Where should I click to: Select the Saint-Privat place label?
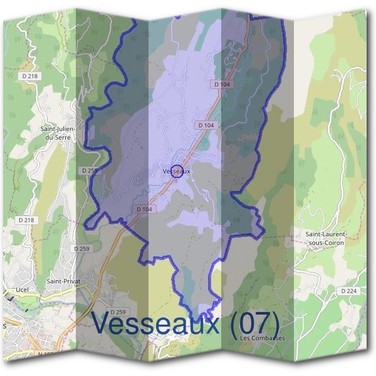point(61,281)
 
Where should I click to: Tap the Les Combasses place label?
point(262,338)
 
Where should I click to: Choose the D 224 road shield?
point(348,291)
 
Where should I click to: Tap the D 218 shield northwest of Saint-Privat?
point(26,220)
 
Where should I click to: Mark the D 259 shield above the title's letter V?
point(118,312)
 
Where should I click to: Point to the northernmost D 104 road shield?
point(222,83)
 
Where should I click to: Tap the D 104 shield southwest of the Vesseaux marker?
point(144,209)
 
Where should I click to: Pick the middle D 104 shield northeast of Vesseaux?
point(206,125)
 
